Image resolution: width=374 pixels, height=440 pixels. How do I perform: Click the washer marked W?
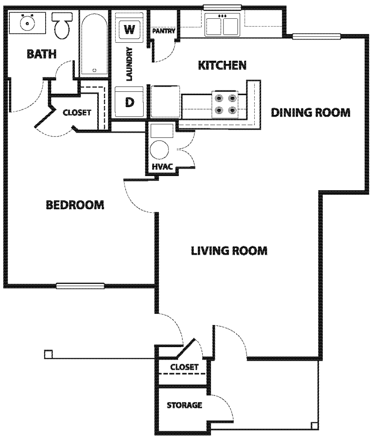pos(129,28)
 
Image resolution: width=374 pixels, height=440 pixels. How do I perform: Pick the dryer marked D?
pos(129,102)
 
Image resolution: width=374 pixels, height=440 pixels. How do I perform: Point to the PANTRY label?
pos(164,31)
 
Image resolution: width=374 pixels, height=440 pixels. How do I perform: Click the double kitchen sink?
pos(223,24)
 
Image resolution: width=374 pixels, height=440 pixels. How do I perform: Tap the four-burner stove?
pos(225,104)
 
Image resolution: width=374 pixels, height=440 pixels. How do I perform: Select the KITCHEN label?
pos(222,65)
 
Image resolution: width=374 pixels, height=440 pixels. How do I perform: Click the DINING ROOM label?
pos(311,112)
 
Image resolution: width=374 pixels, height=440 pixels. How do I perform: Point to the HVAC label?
pos(162,166)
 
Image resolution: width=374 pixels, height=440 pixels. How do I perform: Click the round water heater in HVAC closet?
pos(159,150)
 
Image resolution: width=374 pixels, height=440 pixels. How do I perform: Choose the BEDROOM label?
pos(75,205)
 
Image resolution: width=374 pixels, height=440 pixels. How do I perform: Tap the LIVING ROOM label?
pos(229,251)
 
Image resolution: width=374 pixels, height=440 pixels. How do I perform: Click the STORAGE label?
pos(184,405)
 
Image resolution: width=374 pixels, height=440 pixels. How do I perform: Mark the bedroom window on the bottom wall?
pos(80,286)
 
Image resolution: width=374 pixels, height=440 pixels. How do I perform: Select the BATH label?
pos(42,54)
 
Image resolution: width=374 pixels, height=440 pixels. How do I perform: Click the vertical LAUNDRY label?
pos(129,64)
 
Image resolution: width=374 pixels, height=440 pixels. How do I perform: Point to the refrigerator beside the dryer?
pos(165,101)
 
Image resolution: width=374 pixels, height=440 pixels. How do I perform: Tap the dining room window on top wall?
pos(317,37)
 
